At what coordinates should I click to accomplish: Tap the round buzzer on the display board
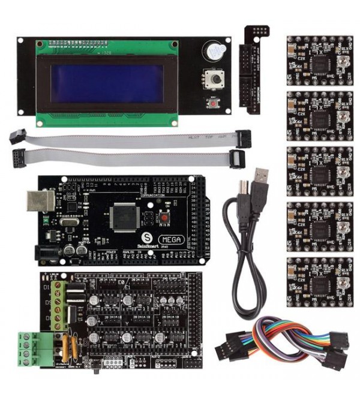coord(214,51)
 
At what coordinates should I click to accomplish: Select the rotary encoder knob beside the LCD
coord(214,78)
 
